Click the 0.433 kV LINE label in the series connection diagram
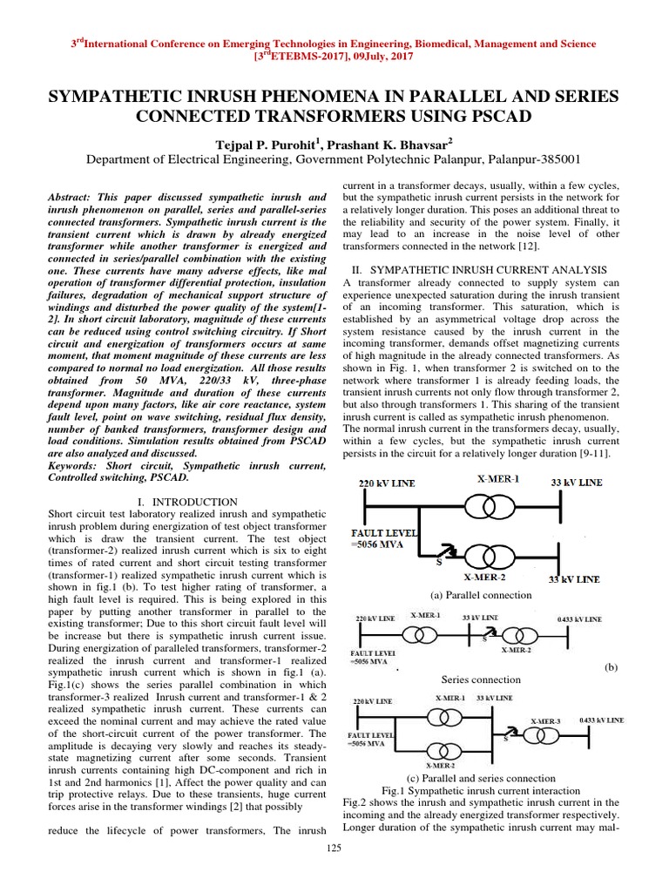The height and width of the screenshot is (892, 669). click(x=579, y=618)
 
